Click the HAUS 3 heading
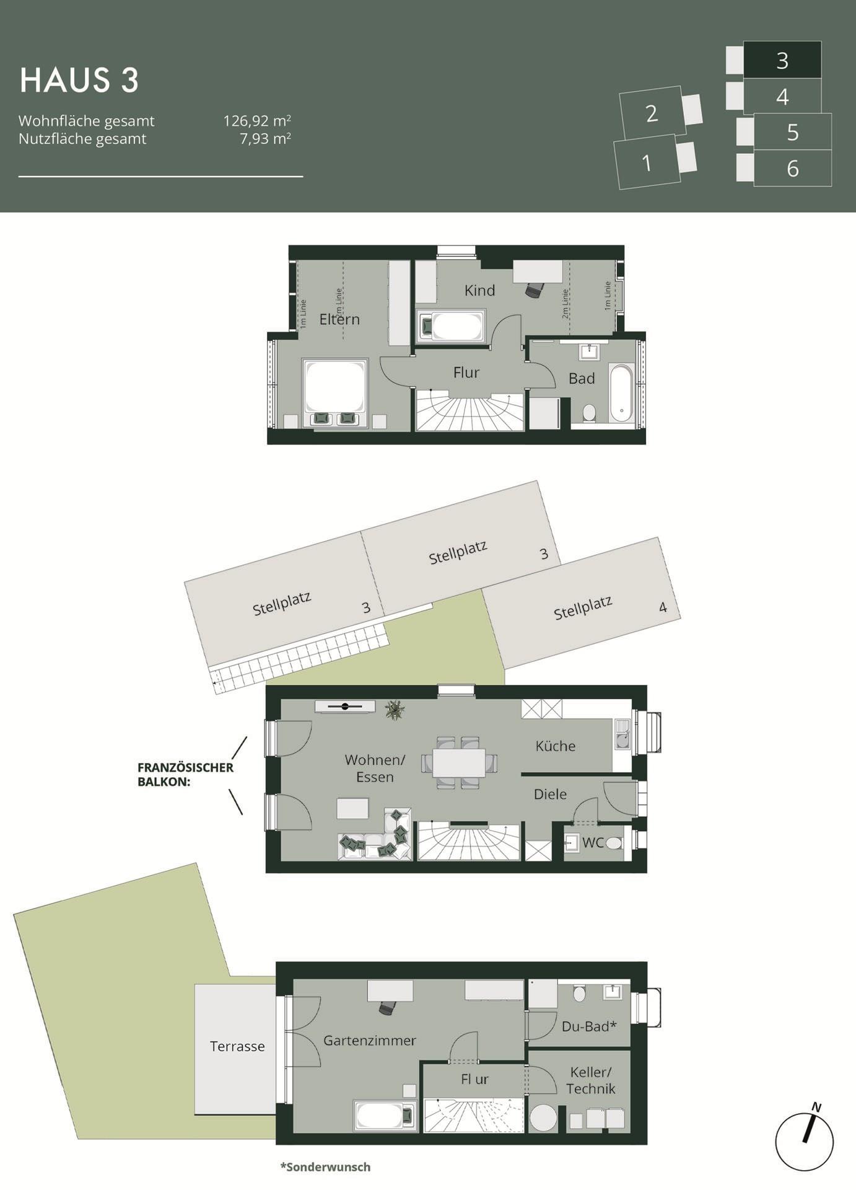tap(79, 81)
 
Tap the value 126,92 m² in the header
tap(257, 120)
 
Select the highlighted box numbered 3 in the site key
tap(782, 60)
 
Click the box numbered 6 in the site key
tap(792, 168)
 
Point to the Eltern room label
tap(339, 319)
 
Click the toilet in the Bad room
tap(589, 413)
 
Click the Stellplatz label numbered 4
tap(583, 608)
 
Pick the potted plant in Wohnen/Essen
tap(395, 710)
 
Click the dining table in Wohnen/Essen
tap(459, 762)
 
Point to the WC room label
tap(593, 842)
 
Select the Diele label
tap(550, 794)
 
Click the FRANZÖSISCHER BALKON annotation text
tap(185, 774)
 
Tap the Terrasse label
tap(237, 1046)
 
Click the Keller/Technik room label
tap(590, 1080)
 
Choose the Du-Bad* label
tap(589, 1026)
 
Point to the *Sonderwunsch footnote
tap(325, 1167)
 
